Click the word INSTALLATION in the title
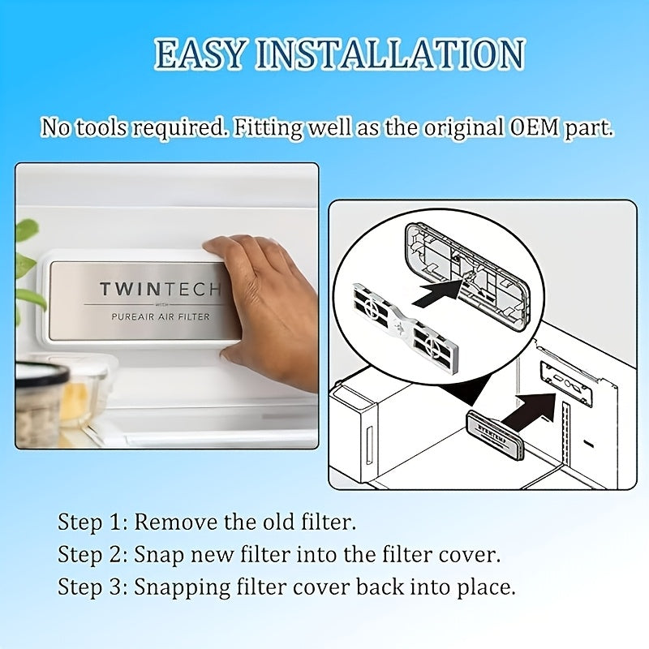click(390, 54)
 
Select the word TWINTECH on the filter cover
click(161, 290)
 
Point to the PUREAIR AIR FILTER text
click(161, 317)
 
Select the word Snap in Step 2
click(159, 555)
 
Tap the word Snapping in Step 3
click(182, 587)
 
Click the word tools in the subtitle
click(103, 127)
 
